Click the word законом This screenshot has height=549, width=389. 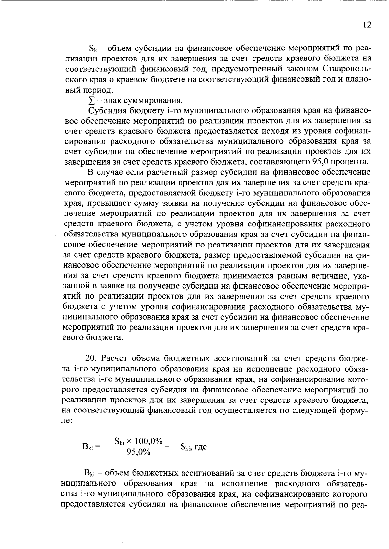[303, 69]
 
